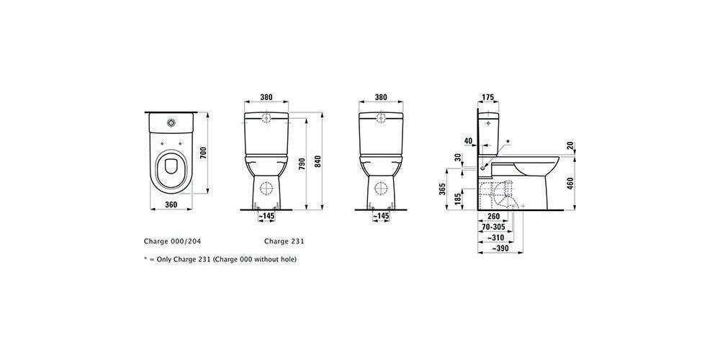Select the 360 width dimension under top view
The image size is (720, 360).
click(x=171, y=204)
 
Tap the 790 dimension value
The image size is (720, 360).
click(x=302, y=164)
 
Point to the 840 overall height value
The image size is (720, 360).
click(x=318, y=161)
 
